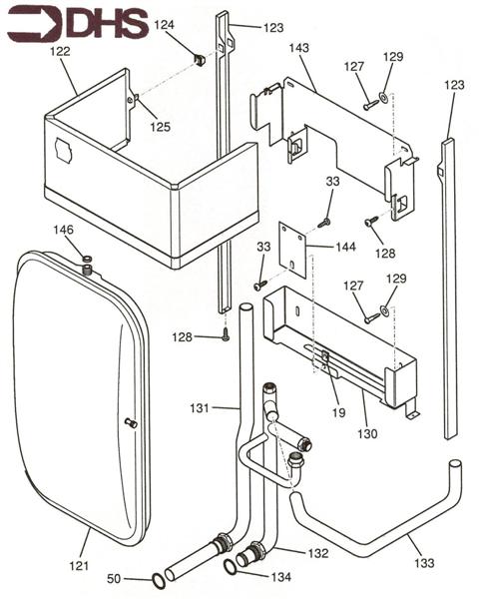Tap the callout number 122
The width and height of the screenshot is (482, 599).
(60, 51)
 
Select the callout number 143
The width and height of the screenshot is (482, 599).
(299, 48)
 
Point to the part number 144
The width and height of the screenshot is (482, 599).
(345, 247)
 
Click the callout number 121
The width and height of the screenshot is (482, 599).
(79, 566)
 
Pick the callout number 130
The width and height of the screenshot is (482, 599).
(367, 434)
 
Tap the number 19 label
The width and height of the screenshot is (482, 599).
(339, 412)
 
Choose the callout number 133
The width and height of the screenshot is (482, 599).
(424, 563)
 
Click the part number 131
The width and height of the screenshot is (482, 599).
(200, 408)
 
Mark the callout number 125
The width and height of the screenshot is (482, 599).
(160, 127)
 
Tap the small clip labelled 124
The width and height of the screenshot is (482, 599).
(199, 60)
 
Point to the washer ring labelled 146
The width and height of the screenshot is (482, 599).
(87, 260)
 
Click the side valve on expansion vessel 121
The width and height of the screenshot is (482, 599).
(131, 422)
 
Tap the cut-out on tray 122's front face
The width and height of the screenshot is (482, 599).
(63, 150)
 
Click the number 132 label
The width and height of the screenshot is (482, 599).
(317, 553)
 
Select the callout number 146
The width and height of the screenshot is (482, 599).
(63, 230)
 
